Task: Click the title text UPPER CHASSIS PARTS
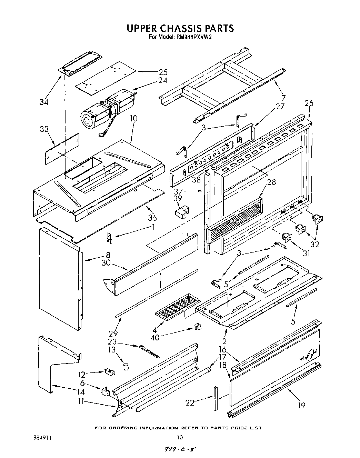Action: [x=180, y=28]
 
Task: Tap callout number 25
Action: [x=163, y=72]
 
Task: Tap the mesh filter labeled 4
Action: [x=175, y=306]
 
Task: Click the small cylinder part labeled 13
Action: [x=126, y=366]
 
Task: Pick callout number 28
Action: [x=271, y=182]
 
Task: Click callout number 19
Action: [x=301, y=405]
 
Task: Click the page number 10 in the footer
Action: [x=179, y=438]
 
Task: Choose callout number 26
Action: [x=309, y=103]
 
